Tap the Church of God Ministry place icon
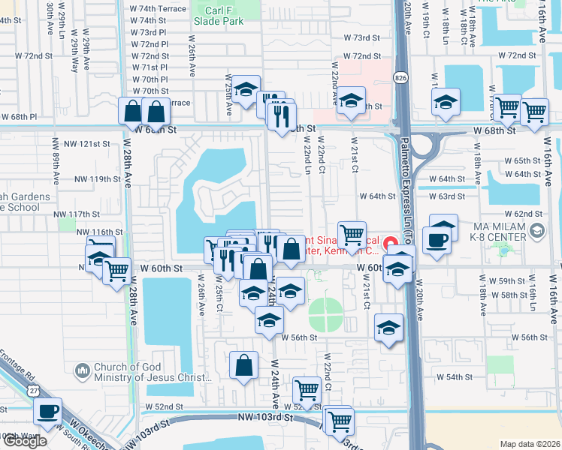click(82, 370)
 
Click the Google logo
click(25, 441)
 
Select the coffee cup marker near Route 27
click(48, 412)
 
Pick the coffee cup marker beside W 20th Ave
click(438, 240)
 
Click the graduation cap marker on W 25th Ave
click(245, 90)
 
